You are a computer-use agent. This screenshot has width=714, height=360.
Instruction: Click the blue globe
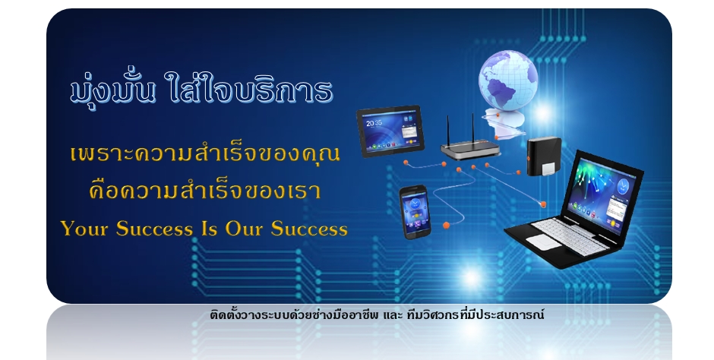[507, 81]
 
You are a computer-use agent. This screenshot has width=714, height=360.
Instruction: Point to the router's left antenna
[447, 131]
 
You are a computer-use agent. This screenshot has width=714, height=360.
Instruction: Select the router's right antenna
[472, 129]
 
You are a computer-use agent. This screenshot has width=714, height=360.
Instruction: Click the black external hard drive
[544, 156]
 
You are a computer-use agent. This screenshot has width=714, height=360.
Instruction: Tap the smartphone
[415, 212]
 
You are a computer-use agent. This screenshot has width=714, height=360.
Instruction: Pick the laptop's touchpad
[547, 242]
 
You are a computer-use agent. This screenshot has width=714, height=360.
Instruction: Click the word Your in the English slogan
[84, 229]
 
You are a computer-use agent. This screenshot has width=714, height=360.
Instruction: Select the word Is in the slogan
[209, 229]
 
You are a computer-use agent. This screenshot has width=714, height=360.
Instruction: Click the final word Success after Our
[309, 229]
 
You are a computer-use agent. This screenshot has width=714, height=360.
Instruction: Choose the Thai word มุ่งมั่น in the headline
[112, 90]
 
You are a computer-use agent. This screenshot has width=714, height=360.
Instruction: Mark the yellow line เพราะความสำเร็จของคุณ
[205, 153]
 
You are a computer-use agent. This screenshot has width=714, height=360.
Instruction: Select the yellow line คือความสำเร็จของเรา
[205, 190]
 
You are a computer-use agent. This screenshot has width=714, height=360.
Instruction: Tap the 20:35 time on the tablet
[374, 123]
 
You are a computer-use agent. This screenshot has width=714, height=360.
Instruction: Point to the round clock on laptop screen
[623, 185]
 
